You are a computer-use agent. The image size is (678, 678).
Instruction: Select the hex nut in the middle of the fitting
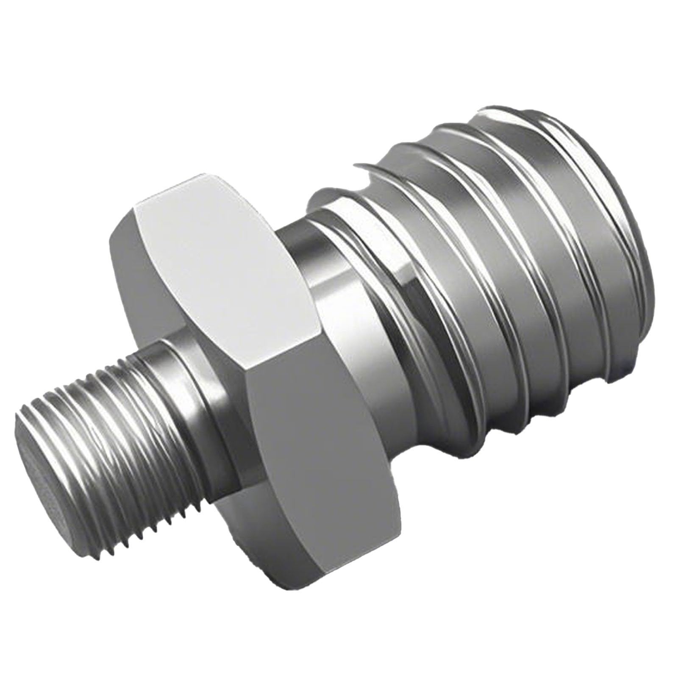coord(254,339)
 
